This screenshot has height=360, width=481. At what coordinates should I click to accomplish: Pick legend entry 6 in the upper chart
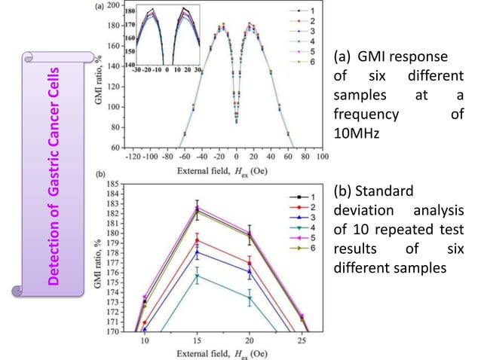tap(302, 58)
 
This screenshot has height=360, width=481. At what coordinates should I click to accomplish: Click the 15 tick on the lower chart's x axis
tap(196, 340)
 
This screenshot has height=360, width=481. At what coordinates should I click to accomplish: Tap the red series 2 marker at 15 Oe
tap(197, 241)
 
